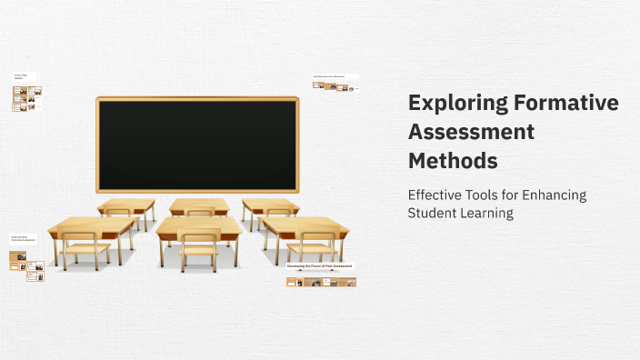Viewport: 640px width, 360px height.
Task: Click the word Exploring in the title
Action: (x=451, y=103)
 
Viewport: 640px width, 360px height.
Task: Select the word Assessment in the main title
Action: (x=471, y=132)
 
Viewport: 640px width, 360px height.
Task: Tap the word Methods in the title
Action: (x=453, y=161)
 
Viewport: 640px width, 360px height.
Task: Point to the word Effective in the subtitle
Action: (x=435, y=195)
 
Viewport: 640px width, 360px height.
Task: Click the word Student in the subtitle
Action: (x=434, y=213)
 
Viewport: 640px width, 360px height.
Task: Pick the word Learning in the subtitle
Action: (x=489, y=213)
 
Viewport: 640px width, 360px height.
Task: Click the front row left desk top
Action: (x=93, y=224)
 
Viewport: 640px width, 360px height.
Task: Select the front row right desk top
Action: (x=304, y=224)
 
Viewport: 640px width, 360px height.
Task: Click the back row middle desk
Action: (x=199, y=205)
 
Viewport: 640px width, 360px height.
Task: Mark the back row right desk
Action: (x=270, y=205)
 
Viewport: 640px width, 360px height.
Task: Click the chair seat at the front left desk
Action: (x=85, y=247)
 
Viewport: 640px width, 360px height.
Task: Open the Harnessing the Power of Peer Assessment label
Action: (x=319, y=266)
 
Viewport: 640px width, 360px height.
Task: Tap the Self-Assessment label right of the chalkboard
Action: (x=329, y=76)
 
